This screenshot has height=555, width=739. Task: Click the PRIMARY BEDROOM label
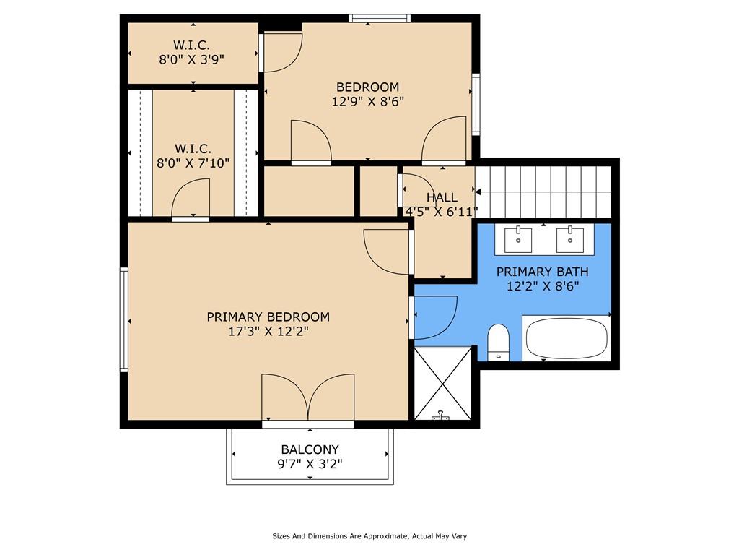tap(268, 317)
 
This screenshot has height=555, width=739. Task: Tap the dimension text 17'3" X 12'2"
tap(268, 331)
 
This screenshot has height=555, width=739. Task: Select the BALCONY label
tap(310, 449)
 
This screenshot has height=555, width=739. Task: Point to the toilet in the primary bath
tap(498, 342)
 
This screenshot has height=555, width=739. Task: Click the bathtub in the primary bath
tap(567, 338)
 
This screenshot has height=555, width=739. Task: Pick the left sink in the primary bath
tap(518, 240)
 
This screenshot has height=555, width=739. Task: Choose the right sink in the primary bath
tap(570, 240)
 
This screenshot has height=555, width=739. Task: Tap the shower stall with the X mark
tap(442, 384)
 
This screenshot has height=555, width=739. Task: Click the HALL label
tap(442, 197)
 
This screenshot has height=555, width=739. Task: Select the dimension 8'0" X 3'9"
tap(191, 59)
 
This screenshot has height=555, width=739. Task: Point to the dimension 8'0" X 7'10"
tap(193, 163)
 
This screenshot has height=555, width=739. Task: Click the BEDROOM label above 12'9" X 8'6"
tap(367, 87)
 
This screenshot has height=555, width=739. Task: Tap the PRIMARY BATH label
tap(543, 272)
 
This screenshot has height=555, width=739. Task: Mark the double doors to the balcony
tap(307, 397)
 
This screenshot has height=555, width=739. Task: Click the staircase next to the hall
tap(543, 192)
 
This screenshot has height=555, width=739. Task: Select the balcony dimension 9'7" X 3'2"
tap(310, 464)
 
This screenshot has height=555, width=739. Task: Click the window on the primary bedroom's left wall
tap(124, 319)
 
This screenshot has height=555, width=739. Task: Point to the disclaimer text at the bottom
tap(369, 536)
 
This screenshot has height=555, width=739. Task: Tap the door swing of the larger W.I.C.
tap(191, 198)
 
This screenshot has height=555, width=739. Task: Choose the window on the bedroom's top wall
tap(380, 18)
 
